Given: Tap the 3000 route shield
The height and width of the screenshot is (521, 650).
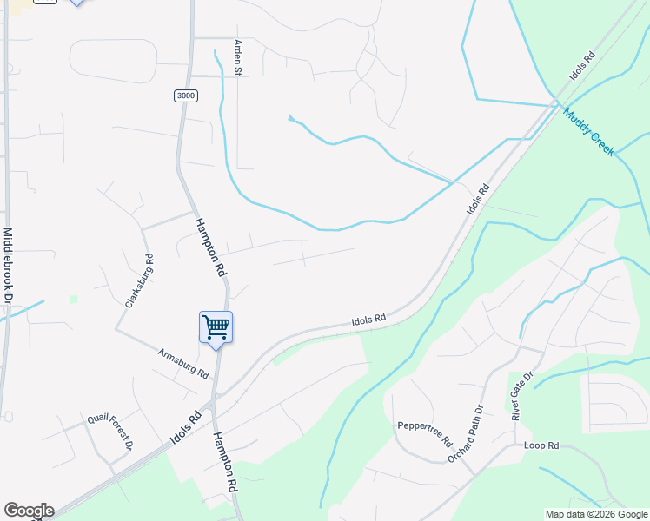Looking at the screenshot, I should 185,96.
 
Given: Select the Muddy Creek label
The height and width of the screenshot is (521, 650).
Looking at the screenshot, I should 588,132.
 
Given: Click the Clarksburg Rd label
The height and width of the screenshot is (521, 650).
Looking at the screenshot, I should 139,280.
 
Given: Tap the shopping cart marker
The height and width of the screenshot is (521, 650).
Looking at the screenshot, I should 216,328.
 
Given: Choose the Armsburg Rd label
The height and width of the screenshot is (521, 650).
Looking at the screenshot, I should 183,363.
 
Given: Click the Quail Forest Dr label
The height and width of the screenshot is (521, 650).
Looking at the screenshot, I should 109,431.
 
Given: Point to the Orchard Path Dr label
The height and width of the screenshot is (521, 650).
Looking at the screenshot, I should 465,433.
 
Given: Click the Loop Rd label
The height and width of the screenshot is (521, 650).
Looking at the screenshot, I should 541,445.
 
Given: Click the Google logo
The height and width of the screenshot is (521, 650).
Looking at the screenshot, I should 28,511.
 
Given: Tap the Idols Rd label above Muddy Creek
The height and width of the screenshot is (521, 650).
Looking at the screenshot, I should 583,68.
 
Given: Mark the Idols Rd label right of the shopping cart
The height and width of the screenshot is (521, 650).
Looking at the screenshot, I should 368,320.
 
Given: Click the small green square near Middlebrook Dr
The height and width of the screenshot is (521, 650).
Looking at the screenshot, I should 74,300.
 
